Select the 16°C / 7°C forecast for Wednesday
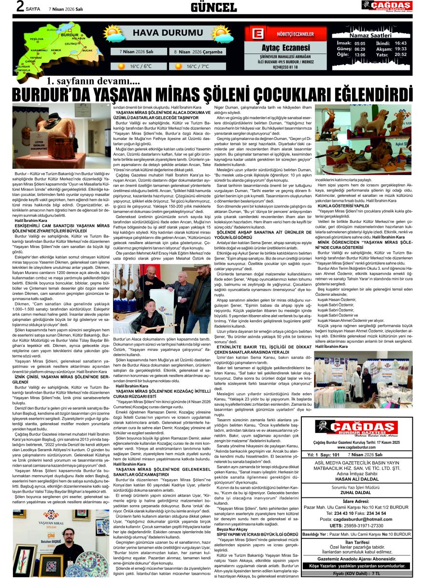pyautogui.click(x=198, y=66)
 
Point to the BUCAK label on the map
pyautogui.click(x=87, y=50)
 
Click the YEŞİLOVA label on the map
pyautogui.click(x=37, y=39)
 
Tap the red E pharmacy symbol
pyautogui.click(x=258, y=35)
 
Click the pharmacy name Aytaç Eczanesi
pyautogui.click(x=286, y=48)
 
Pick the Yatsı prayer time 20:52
pyautogui.click(x=400, y=55)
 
